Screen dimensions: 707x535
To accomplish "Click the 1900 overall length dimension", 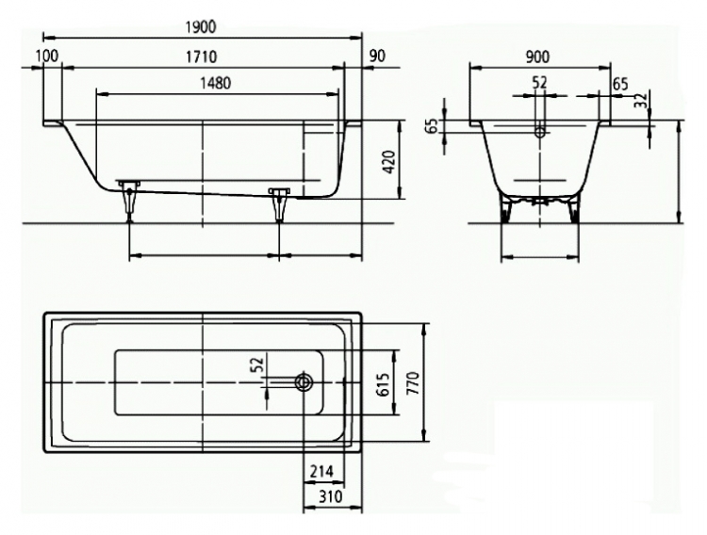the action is coord(201,27).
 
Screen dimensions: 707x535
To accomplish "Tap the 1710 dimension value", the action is coord(202,57).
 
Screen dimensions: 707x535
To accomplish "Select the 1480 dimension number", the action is coord(216,83).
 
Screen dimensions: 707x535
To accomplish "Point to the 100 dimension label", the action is coord(47,56).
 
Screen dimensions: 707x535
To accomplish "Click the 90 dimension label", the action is coord(377,56).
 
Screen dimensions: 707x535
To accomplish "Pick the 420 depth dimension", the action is coord(388,162).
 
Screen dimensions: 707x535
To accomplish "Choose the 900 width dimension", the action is coord(538,57).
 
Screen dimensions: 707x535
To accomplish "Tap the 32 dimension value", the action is coord(641,100).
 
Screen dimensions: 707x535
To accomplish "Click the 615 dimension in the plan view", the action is coord(383,384).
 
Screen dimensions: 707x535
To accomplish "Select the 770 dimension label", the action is coord(413,383).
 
